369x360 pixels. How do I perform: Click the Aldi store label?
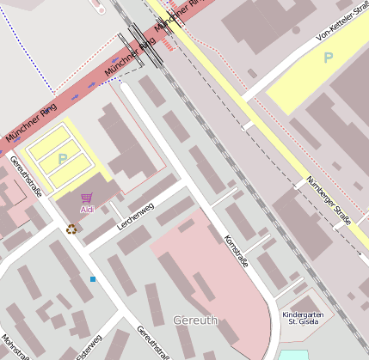[x=86, y=209]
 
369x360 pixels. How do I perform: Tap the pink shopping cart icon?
[x=86, y=198]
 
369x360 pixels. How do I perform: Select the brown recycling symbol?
[x=71, y=229]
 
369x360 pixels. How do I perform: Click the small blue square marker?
[x=93, y=279]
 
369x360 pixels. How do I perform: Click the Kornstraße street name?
[x=237, y=251]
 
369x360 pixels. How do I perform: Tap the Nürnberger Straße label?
[x=329, y=201]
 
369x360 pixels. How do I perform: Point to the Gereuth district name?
[x=195, y=320]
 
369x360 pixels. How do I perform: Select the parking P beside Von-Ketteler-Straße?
[x=328, y=58]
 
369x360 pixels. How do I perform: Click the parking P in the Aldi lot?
[x=62, y=159]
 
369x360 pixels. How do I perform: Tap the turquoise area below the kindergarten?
[x=293, y=354]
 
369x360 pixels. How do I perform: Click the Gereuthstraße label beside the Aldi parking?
[x=26, y=174]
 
